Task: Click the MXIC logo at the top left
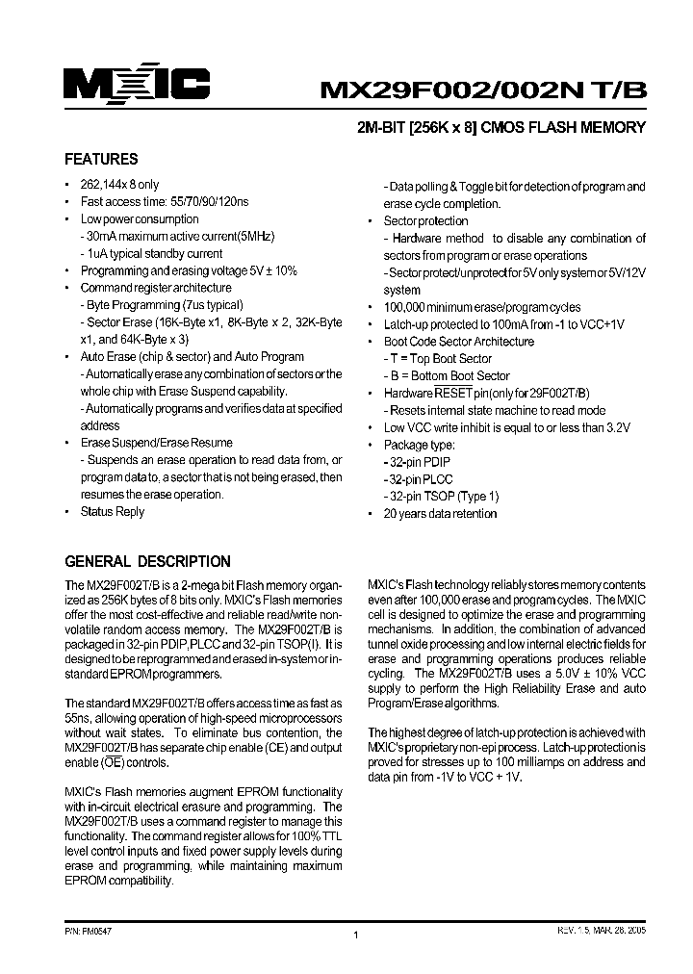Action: [x=137, y=87]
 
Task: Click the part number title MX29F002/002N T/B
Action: [x=483, y=90]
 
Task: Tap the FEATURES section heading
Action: [x=101, y=160]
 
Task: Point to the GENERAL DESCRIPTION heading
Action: [x=147, y=561]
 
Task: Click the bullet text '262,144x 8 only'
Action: [x=120, y=185]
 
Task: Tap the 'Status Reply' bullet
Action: [x=113, y=512]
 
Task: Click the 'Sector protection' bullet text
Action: [x=426, y=220]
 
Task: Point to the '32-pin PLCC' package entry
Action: [x=420, y=479]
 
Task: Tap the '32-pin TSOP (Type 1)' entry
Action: [x=444, y=497]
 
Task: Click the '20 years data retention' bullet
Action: [x=441, y=514]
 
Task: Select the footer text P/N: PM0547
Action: [x=89, y=931]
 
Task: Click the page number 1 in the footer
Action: [x=355, y=935]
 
